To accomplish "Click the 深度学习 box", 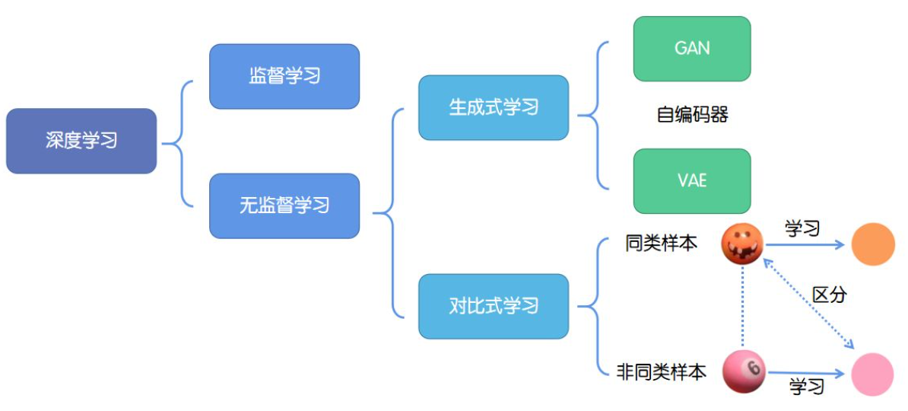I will coord(81,141).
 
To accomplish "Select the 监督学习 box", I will coord(284,76).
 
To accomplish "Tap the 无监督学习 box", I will coord(284,205).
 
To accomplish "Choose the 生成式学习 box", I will coord(494,107).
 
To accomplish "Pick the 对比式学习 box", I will coord(494,306).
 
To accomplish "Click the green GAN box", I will coord(692,49).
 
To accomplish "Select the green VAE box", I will coord(692,180).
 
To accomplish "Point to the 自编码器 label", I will coord(692,114).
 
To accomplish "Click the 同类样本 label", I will coord(661,244).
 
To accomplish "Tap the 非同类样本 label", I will coord(661,371).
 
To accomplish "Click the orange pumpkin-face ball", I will coord(742,244).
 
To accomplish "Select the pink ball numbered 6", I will coord(743,371).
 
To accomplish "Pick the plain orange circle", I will coord(872,244).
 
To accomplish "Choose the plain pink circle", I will coord(872,374).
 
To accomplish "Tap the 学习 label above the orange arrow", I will coord(802,228).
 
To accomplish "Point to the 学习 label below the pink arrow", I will coord(807,387).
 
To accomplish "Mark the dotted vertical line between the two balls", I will coord(743,308).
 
